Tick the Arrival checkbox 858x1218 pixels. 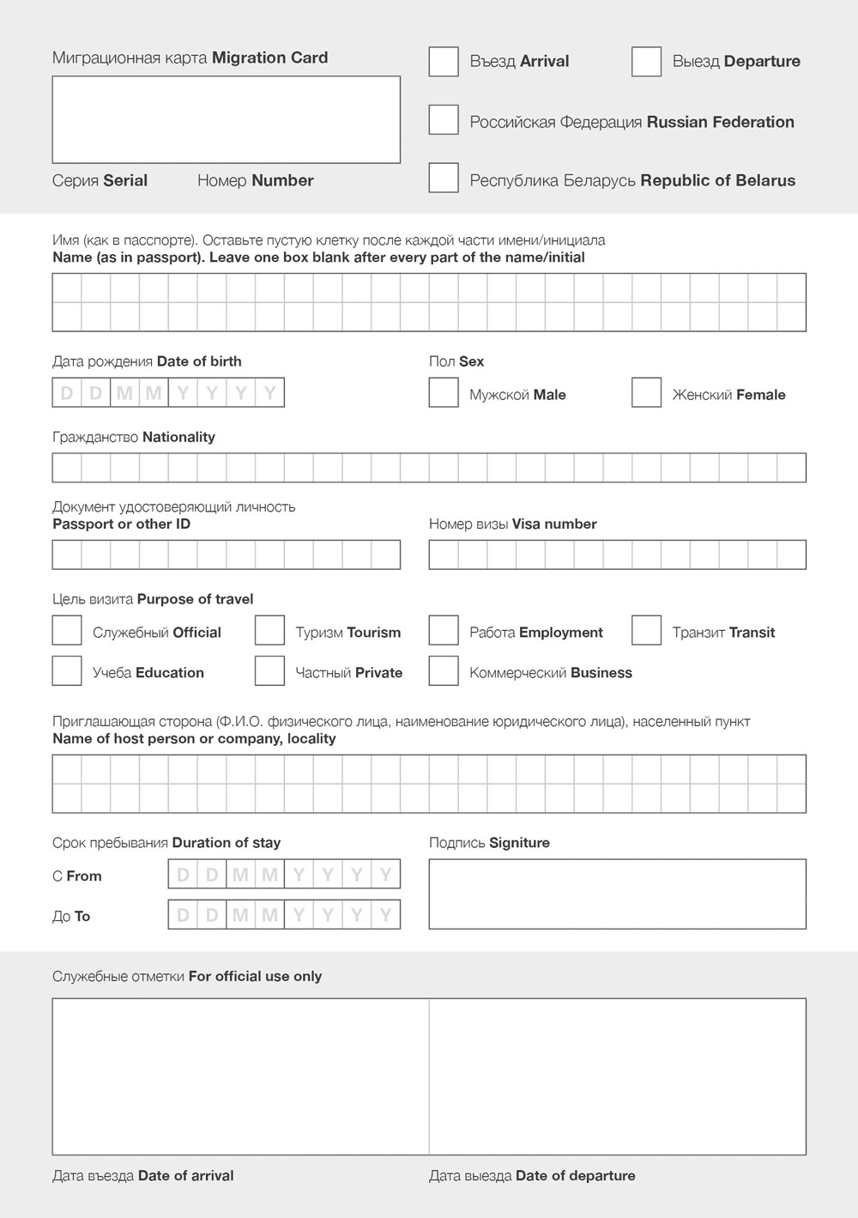tap(444, 62)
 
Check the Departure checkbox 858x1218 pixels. tap(646, 62)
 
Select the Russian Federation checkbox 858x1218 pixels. tap(444, 120)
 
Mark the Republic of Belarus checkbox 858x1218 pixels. tap(444, 179)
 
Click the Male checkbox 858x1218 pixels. tap(444, 393)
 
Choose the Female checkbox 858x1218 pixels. tap(646, 393)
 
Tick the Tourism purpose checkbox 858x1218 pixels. tap(269, 631)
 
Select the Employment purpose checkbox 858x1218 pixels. tap(444, 631)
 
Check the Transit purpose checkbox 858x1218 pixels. tap(646, 631)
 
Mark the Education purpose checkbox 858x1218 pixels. tap(67, 671)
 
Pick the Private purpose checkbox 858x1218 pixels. tap(269, 671)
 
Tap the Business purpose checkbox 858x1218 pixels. tap(444, 671)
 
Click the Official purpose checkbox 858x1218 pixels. tap(67, 631)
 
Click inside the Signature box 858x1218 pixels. tap(617, 894)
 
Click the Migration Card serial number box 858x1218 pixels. tap(226, 120)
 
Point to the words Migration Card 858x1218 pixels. tap(269, 58)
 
